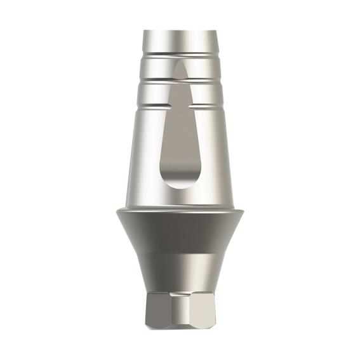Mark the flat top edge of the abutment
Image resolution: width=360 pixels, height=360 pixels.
(x=180, y=31)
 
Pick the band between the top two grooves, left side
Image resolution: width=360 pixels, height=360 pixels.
(x=156, y=68)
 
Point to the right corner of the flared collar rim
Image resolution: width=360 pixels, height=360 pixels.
(x=243, y=211)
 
